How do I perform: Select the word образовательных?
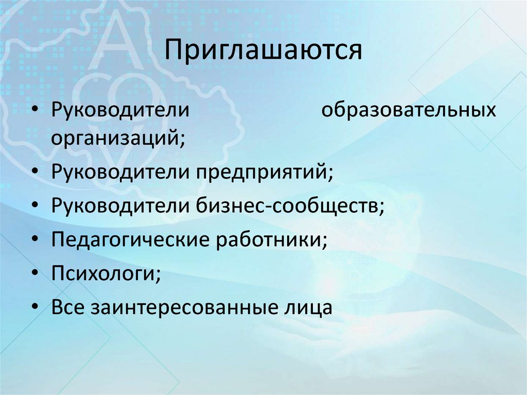[409, 111]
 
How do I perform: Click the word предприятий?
[263, 173]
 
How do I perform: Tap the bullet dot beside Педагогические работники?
[34, 240]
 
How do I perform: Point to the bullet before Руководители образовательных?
[34, 111]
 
